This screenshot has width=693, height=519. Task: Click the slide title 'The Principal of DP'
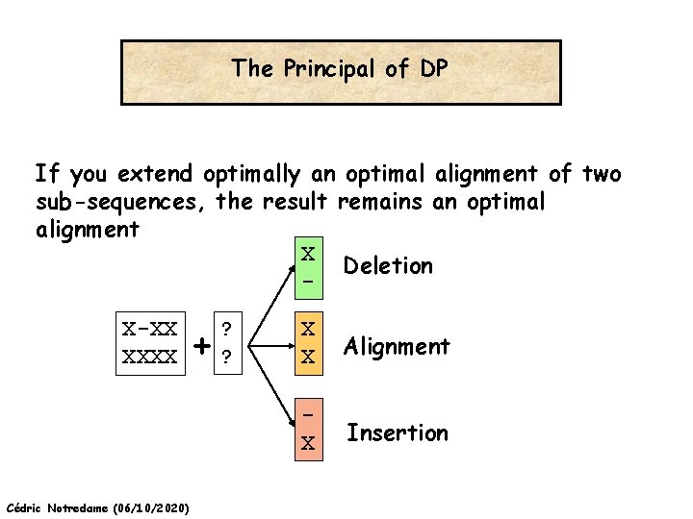point(341,69)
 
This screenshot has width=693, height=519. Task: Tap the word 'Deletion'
point(388,265)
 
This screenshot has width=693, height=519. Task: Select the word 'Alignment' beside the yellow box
point(398,346)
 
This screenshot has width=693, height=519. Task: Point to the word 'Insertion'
point(398,432)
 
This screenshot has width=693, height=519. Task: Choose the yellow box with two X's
point(308,342)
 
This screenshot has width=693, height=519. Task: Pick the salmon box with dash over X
point(308,427)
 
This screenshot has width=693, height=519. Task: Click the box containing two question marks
point(226,342)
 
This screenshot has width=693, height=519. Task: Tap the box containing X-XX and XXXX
point(150,342)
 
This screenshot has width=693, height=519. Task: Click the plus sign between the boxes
point(201,344)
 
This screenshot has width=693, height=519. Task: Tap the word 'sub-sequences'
point(121,203)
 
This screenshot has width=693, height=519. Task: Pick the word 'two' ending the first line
point(603,174)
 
